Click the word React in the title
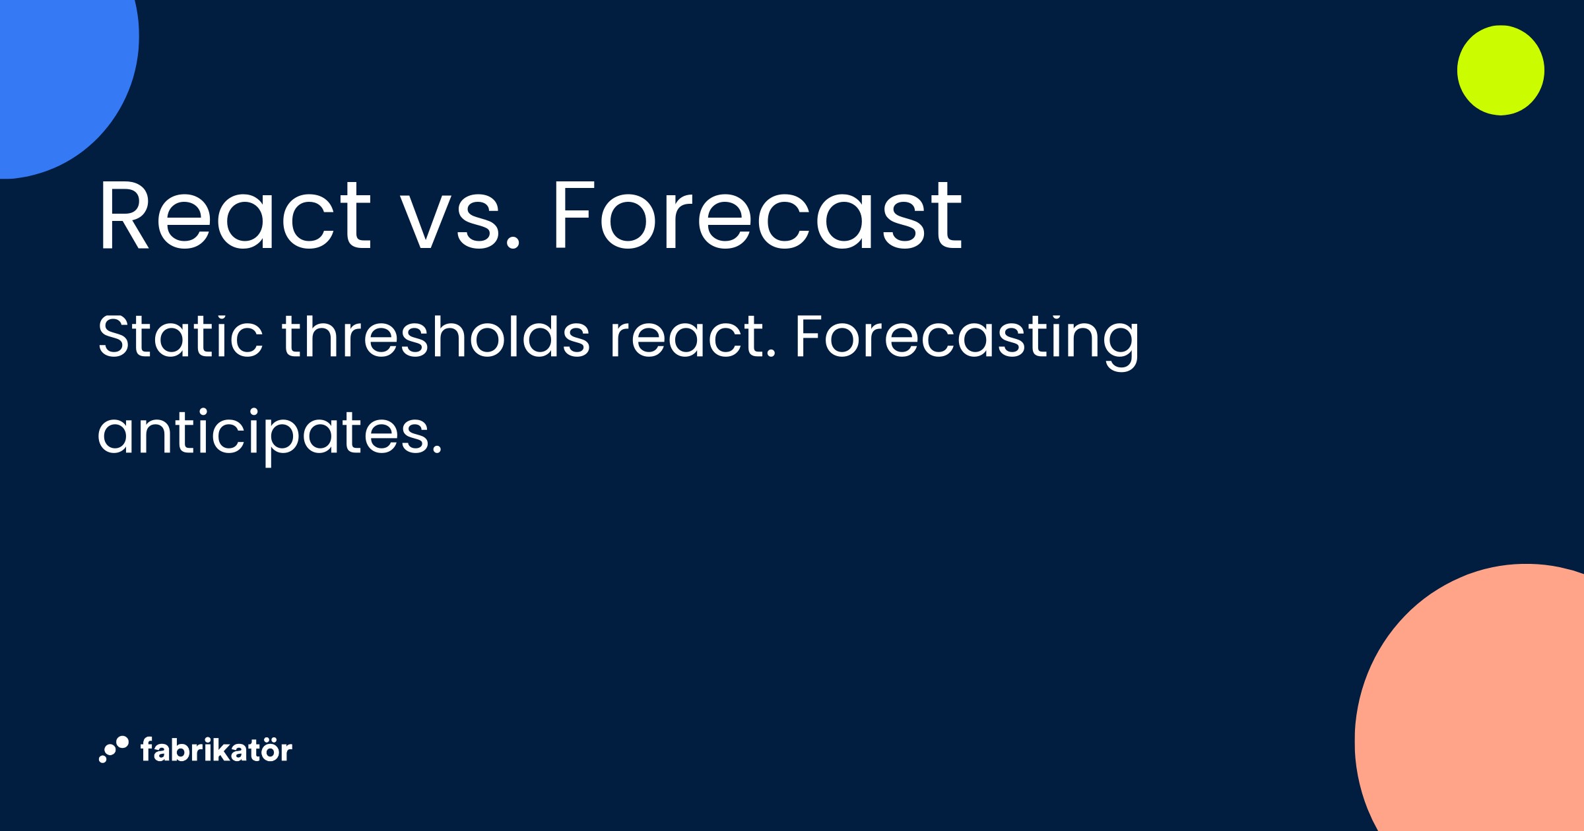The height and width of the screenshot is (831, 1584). coord(234,216)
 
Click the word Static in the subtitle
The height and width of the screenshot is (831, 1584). coord(180,336)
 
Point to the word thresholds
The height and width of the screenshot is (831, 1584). coord(436,336)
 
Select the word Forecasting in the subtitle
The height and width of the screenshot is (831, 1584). coord(967,338)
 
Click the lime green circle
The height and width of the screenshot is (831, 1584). coord(1500,71)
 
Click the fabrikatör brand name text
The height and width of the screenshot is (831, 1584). coord(216,751)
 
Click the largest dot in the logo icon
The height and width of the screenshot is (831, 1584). coord(122,743)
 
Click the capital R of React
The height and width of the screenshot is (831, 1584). coord(123,216)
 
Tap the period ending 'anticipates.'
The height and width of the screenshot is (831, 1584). coord(436,451)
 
